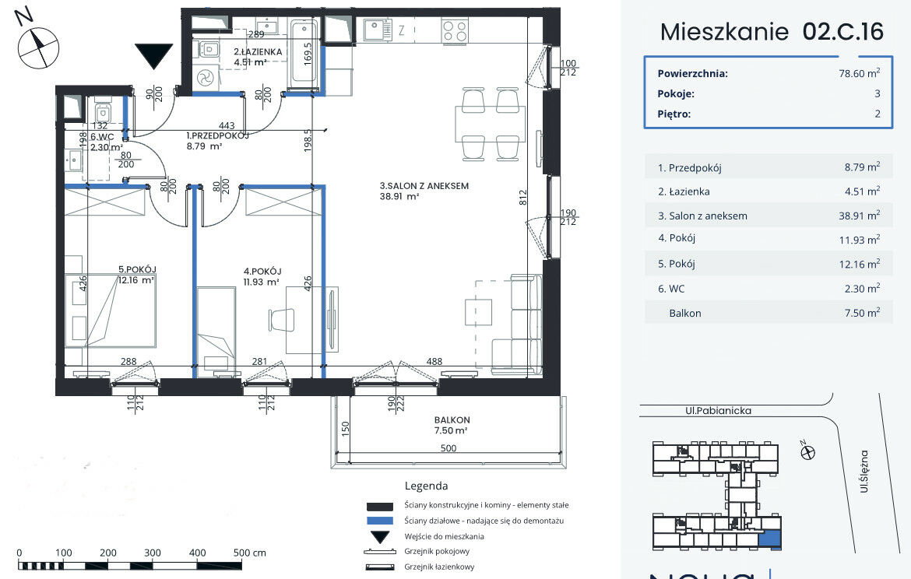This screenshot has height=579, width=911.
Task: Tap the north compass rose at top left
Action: [x=38, y=47]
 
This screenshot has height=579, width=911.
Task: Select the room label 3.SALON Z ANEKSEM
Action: [x=424, y=186]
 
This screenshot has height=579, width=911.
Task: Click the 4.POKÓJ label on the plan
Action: [x=262, y=271]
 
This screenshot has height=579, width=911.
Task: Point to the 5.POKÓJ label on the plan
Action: [x=138, y=269]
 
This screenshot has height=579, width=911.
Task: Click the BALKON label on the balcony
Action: [x=452, y=420]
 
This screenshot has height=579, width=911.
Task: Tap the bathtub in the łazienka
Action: [x=304, y=51]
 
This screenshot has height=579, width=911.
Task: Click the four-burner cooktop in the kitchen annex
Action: [x=455, y=31]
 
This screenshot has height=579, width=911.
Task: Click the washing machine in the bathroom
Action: [x=206, y=77]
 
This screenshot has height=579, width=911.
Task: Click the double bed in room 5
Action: [x=111, y=311]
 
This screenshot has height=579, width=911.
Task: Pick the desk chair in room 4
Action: [x=282, y=320]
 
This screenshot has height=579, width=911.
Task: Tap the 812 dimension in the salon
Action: [x=523, y=198]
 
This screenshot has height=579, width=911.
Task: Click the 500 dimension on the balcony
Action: [x=448, y=448]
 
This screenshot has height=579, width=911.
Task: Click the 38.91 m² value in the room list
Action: [x=860, y=216]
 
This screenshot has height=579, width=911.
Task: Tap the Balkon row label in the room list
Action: [x=685, y=313]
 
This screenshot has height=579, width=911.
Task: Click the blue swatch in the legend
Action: [x=380, y=521]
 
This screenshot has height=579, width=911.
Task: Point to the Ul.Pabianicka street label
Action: [x=718, y=411]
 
